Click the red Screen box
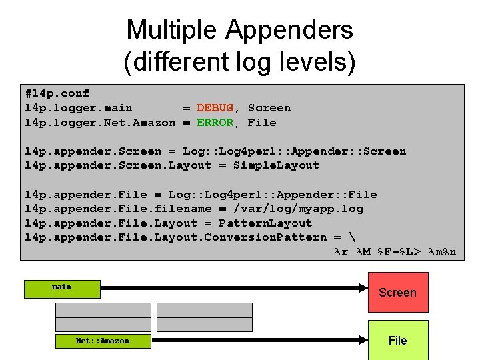pos(397,292)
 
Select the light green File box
pos(397,340)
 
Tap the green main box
pos(61,288)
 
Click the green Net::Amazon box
pos(103,341)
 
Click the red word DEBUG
pos(215,108)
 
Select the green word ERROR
pos(215,123)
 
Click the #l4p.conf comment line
pos(57,93)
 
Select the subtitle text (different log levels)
pos(239,62)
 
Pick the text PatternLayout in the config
pos(265,223)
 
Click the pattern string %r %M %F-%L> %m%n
pos(395,252)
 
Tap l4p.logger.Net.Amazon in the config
pos(100,123)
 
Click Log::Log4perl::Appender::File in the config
pos(272,195)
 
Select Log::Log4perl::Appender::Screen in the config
pos(294,151)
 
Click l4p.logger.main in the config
pos(78,108)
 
